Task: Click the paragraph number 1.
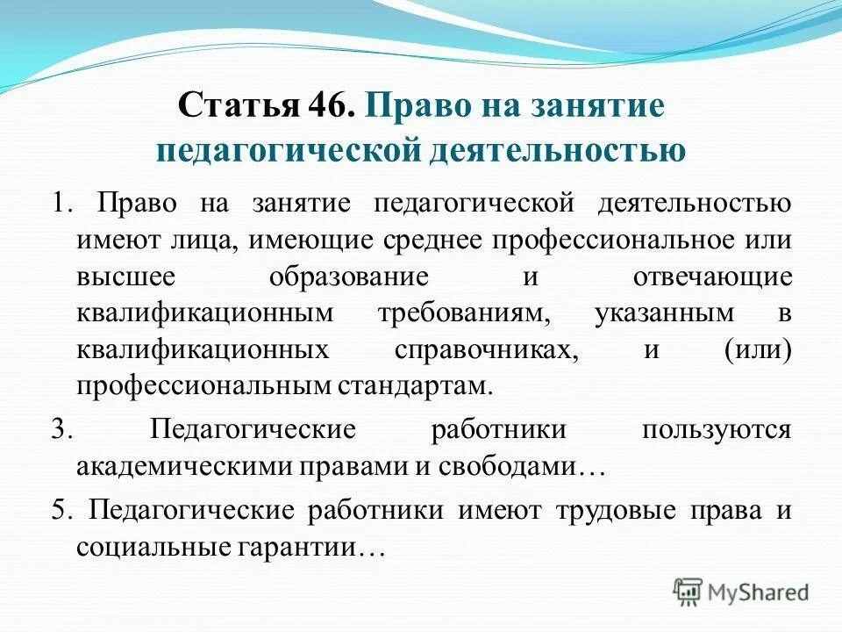pos(58,204)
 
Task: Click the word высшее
pos(125,276)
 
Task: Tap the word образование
pos(348,276)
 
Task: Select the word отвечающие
pos(712,276)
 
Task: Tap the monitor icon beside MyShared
pos(689,591)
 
